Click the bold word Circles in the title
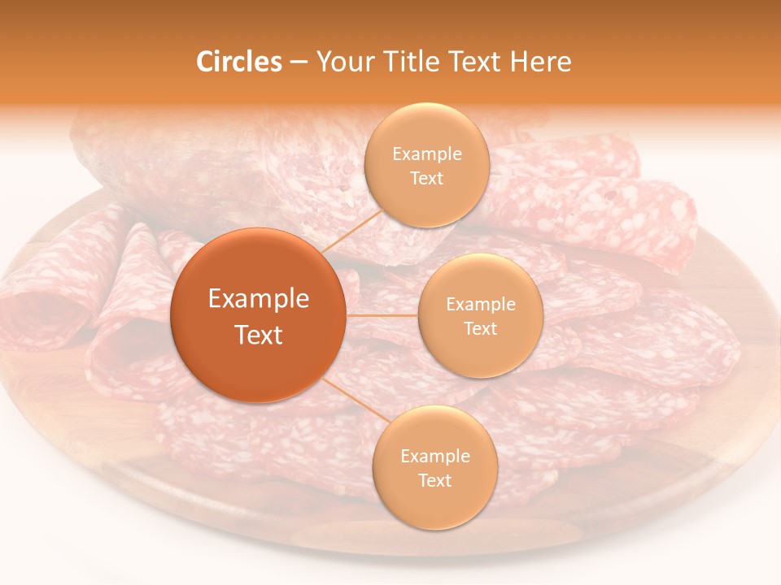238,62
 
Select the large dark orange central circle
259,315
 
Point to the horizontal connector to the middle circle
382,315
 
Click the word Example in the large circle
259,298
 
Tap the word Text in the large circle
259,335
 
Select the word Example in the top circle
426,154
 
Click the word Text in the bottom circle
434,480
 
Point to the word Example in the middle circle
480,304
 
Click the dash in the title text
299,62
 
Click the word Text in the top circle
426,178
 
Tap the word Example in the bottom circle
434,456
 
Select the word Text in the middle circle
480,328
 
